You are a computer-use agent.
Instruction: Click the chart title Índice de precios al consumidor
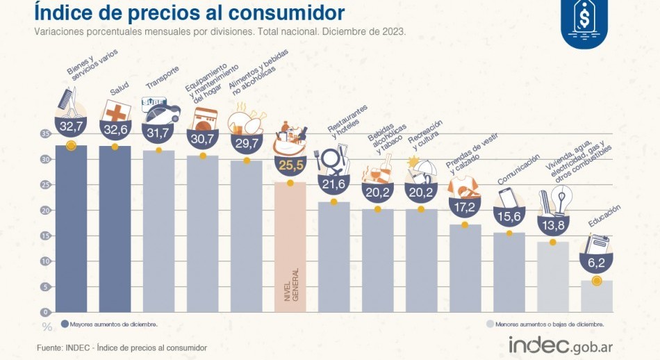(189, 13)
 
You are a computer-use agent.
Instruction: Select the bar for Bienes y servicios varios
(71, 229)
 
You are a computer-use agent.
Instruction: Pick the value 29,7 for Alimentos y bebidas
(247, 143)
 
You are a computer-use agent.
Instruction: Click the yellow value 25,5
(290, 165)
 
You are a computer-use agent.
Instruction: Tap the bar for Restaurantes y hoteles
(334, 257)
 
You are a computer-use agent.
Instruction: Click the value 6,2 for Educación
(597, 263)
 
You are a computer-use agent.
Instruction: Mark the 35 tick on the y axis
(45, 133)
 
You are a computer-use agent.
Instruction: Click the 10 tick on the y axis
(45, 261)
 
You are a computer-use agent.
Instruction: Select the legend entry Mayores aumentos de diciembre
(109, 324)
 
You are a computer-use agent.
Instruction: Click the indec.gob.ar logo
(561, 345)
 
